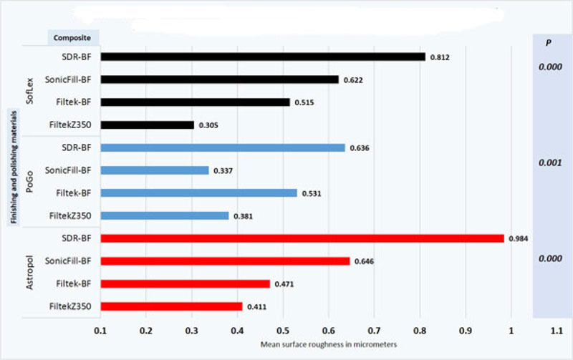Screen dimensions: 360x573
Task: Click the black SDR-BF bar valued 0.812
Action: pyautogui.click(x=263, y=57)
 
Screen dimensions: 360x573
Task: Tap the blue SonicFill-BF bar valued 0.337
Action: pyautogui.click(x=155, y=170)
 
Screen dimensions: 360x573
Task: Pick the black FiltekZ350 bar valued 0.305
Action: pyautogui.click(x=148, y=125)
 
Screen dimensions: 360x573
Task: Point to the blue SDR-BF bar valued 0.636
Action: pyautogui.click(x=223, y=148)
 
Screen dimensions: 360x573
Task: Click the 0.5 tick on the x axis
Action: pyautogui.click(x=283, y=331)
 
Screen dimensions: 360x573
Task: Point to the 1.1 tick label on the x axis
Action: pyautogui.click(x=556, y=331)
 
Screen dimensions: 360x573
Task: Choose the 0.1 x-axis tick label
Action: pyautogui.click(x=101, y=331)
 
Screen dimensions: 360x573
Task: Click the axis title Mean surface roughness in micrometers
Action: pyautogui.click(x=329, y=345)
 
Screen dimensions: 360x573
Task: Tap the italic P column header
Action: pyautogui.click(x=549, y=42)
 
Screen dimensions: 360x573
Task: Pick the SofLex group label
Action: pyautogui.click(x=29, y=91)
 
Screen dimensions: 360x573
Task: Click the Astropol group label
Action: pyautogui.click(x=29, y=273)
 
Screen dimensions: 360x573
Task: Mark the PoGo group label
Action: pyautogui.click(x=29, y=182)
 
